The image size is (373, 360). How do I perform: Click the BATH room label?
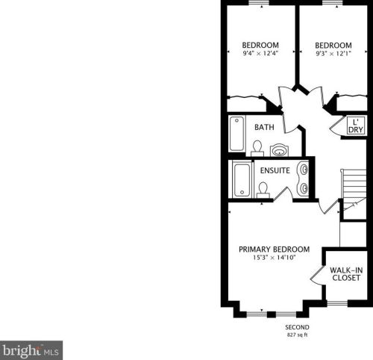[x=264, y=127]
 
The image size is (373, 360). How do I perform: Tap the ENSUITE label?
[x=275, y=170]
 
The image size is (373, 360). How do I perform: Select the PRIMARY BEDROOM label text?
[x=275, y=249]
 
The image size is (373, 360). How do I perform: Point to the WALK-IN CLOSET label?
[x=346, y=274]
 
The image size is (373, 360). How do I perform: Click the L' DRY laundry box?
[x=356, y=125]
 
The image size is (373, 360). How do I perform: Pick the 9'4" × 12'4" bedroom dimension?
[x=260, y=53]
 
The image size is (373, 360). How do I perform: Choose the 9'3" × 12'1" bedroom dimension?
[x=333, y=53]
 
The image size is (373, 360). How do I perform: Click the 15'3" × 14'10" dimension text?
[x=275, y=257]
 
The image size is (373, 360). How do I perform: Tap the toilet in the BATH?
[x=257, y=149]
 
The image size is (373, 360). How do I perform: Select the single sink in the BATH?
[x=280, y=150]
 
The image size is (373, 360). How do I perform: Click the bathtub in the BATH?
[x=236, y=134]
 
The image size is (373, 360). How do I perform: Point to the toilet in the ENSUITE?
[x=263, y=190]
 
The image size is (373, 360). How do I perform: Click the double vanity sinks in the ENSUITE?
[x=303, y=179]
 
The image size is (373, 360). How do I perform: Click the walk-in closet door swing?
[x=317, y=275]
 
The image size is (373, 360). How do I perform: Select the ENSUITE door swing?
[x=283, y=193]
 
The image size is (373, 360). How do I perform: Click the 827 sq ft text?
[x=297, y=335]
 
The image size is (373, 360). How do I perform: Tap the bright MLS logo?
[x=31, y=350]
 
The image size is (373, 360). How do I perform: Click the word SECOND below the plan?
[x=297, y=327]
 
